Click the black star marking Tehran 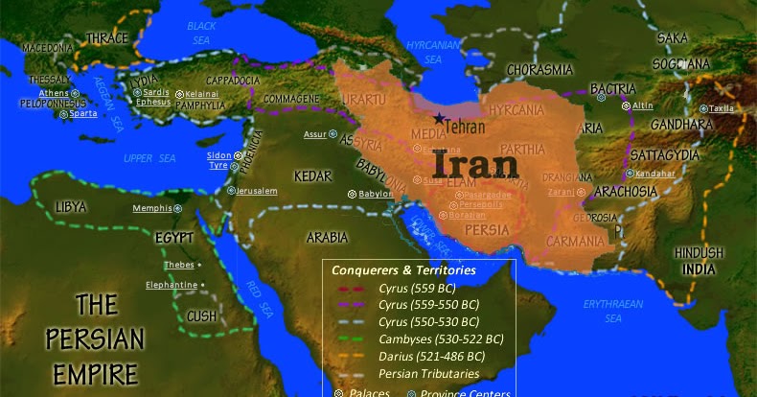pos(439,118)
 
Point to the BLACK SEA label pos(202,32)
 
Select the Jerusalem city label pos(257,191)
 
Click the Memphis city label pos(152,208)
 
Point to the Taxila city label pos(723,108)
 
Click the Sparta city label pos(83,113)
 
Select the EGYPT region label pos(172,237)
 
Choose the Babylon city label pos(376,194)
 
